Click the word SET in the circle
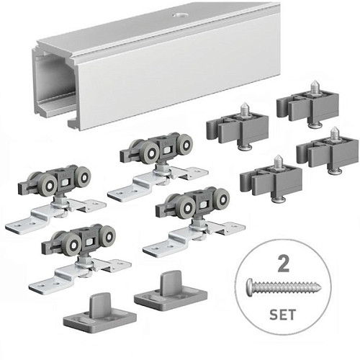[x=283, y=315]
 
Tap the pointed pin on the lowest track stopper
[x=278, y=161]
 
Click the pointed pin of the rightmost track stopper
[x=333, y=133]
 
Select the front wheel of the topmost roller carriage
[x=151, y=153]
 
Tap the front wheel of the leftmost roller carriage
[x=49, y=185]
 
